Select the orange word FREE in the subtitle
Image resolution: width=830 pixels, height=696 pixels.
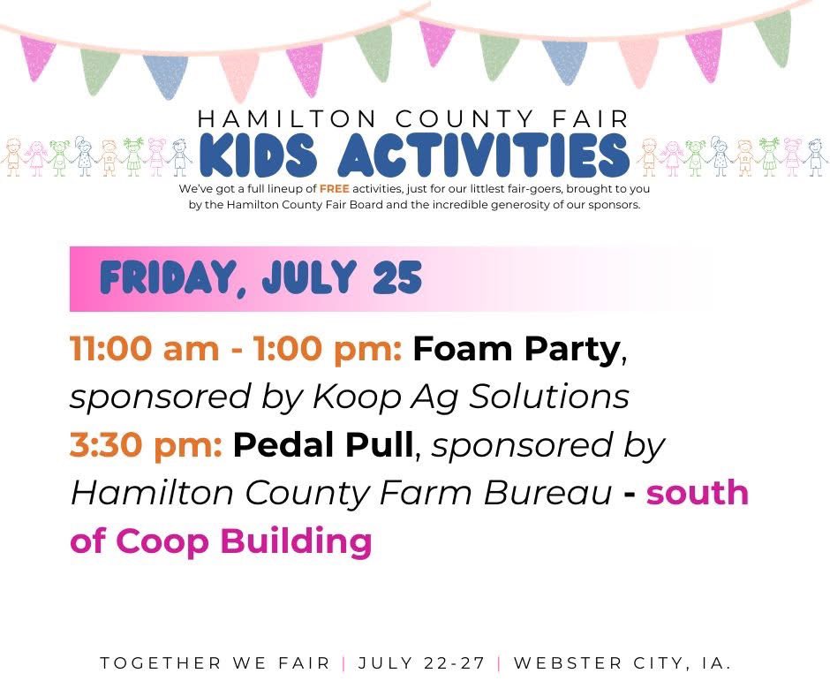tap(335, 189)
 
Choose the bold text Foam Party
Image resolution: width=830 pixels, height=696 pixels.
tap(517, 350)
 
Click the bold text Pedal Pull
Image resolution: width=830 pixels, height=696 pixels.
tap(323, 445)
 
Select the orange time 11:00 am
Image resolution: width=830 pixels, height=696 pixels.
tap(145, 350)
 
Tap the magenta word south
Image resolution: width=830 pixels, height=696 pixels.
tap(698, 493)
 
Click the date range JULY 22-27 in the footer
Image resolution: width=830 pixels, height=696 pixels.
tap(422, 663)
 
